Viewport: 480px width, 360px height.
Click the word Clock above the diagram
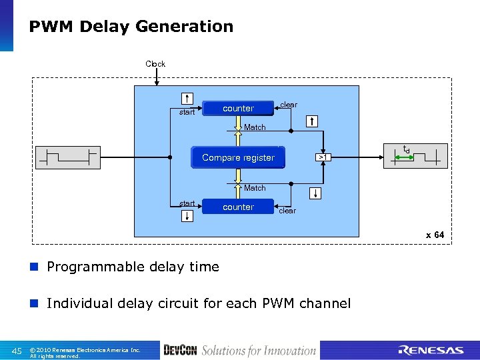pos(155,64)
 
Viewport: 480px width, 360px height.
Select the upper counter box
pos(238,108)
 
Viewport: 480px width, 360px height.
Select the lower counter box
pos(238,207)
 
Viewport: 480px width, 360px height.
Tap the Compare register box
pos(238,157)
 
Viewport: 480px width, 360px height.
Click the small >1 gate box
pos(323,157)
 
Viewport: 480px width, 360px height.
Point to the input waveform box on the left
pos(69,157)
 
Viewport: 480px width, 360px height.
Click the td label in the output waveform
pos(406,149)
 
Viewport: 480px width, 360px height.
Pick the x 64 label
pos(435,235)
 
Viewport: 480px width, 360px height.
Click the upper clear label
pos(289,105)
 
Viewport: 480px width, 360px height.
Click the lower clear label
pos(287,211)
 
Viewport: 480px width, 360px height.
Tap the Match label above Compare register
pos(255,127)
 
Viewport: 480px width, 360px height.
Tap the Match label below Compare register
pos(255,188)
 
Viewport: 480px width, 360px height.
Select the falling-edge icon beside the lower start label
pos(188,215)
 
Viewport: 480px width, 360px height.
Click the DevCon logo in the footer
pos(180,350)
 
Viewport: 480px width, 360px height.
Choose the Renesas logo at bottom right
pos(430,350)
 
